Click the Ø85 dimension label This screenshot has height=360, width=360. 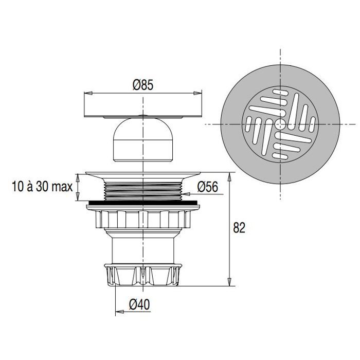[x=143, y=85]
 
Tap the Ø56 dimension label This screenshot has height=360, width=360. [x=208, y=187]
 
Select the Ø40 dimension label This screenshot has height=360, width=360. [x=139, y=304]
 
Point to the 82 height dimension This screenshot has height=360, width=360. [x=239, y=228]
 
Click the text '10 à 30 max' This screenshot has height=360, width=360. [x=42, y=186]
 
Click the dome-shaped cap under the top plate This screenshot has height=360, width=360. [x=143, y=140]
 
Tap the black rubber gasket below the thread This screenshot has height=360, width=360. [x=143, y=203]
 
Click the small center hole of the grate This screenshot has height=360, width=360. [x=280, y=124]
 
